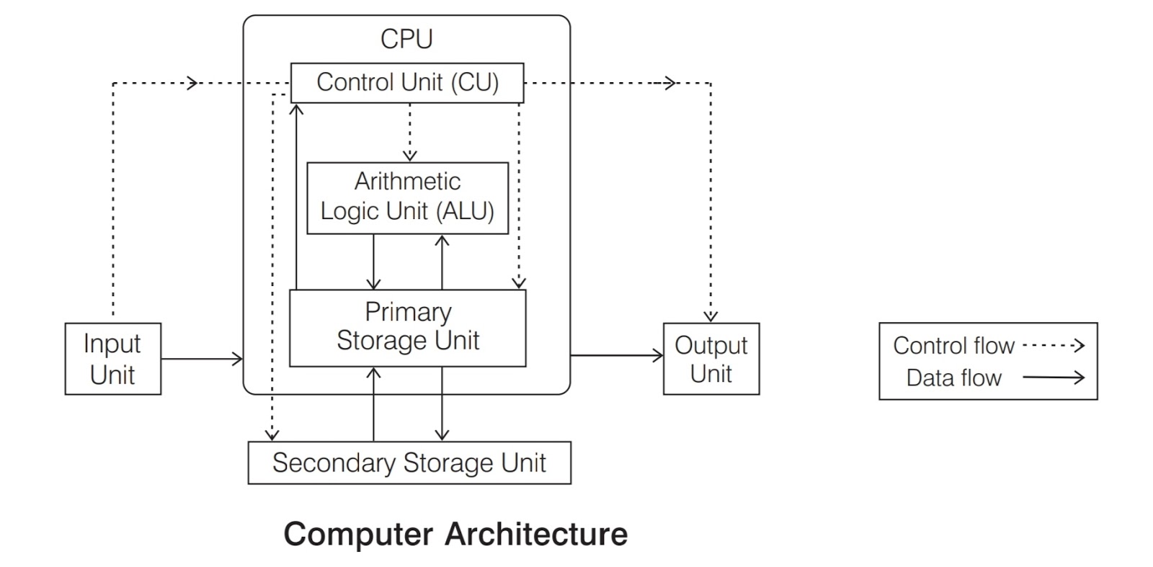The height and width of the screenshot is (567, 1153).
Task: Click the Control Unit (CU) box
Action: click(407, 83)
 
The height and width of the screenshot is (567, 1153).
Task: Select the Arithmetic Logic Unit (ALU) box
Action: click(407, 197)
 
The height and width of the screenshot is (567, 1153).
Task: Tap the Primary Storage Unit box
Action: click(407, 328)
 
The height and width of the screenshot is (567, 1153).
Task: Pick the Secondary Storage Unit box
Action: click(409, 463)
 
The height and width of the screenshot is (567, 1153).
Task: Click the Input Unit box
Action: click(112, 359)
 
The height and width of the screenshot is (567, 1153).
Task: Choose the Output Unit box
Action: click(711, 359)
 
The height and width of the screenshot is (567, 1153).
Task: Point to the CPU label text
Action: click(406, 39)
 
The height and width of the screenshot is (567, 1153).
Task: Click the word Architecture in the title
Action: click(536, 535)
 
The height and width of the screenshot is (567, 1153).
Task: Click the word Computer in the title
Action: click(358, 535)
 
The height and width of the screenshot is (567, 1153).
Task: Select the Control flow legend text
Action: click(953, 346)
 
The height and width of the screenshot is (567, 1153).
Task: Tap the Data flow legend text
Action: click(953, 378)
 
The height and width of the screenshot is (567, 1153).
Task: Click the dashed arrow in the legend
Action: click(1053, 346)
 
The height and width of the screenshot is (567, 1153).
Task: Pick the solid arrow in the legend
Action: click(1053, 377)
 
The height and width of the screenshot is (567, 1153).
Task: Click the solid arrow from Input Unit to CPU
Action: click(202, 359)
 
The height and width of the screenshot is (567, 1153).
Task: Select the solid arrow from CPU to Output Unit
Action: click(616, 355)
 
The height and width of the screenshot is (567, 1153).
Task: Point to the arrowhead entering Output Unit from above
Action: click(711, 316)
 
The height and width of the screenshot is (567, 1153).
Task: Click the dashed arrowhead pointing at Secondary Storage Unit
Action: click(272, 434)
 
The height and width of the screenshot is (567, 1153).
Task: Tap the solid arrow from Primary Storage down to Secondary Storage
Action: click(442, 403)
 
